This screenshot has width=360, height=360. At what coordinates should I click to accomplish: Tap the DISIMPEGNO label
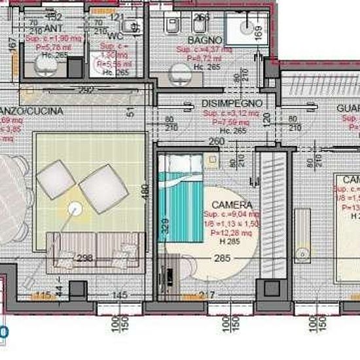[232, 103]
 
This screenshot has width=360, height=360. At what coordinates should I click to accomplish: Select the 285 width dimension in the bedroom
[223, 258]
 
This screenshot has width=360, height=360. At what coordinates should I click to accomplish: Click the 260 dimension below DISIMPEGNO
[217, 141]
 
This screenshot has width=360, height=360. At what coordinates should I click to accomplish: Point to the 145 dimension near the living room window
[119, 296]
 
